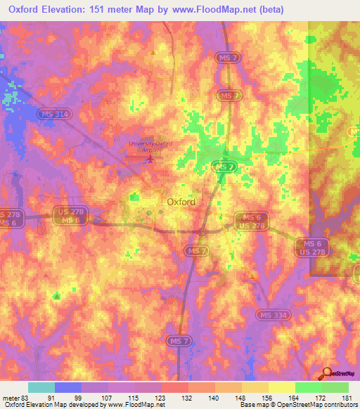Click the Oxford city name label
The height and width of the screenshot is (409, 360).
click(x=181, y=202)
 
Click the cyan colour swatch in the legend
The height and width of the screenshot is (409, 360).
click(x=41, y=387)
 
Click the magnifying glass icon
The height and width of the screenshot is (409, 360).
click(x=327, y=373)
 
